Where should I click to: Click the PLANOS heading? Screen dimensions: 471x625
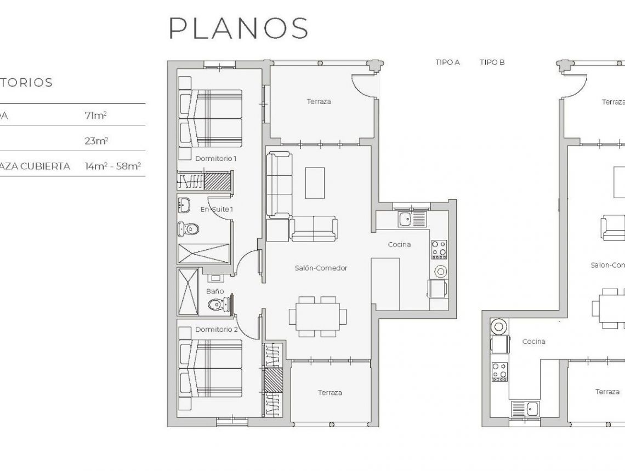[238, 28]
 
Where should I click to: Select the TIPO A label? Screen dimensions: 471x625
[447, 62]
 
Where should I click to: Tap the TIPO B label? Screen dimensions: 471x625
[492, 62]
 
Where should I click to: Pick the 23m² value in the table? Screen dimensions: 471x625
[96, 141]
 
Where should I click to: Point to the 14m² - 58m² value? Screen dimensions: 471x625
[113, 166]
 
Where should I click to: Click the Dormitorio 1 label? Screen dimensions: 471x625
[215, 159]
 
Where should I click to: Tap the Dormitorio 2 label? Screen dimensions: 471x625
[216, 330]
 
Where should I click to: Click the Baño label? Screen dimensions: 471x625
[215, 291]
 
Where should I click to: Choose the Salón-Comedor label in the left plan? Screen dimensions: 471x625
[321, 268]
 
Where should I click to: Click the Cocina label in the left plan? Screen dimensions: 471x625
[399, 245]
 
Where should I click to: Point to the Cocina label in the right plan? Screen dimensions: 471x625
[533, 342]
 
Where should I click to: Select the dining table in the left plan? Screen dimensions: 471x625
[318, 317]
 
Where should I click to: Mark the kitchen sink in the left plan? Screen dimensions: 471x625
[406, 220]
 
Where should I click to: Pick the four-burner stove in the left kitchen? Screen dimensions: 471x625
[439, 249]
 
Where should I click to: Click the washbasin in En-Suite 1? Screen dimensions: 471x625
[185, 205]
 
